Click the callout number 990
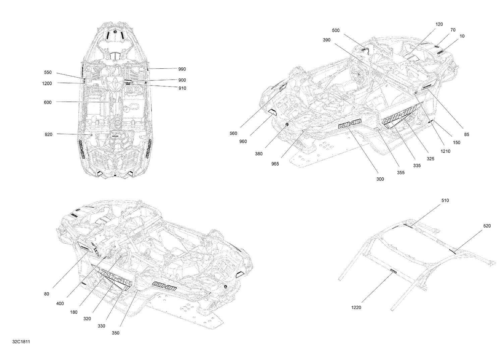[182, 69]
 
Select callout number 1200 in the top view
[47, 83]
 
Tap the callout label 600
[48, 103]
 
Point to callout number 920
[48, 134]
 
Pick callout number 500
[336, 31]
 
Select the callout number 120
[439, 24]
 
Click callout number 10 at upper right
[462, 36]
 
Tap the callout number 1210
[445, 151]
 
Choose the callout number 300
[380, 179]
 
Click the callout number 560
[233, 133]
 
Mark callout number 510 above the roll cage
[445, 201]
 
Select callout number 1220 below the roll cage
[356, 308]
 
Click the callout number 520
[487, 226]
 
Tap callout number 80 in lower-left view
[47, 294]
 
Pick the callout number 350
[115, 333]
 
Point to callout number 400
[60, 304]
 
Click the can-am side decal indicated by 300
[349, 124]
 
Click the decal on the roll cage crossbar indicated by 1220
[393, 271]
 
